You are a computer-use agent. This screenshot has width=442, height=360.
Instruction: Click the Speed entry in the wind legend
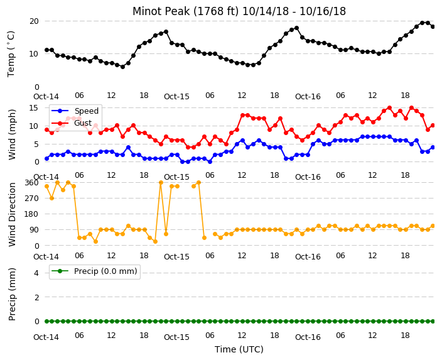pyautogui.click(x=86, y=111)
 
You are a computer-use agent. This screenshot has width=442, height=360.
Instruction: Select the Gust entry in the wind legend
pyautogui.click(x=83, y=123)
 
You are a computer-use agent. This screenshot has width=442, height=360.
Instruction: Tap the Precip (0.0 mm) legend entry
pyautogui.click(x=105, y=271)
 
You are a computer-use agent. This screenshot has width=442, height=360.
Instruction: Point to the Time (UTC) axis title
pyautogui.click(x=239, y=349)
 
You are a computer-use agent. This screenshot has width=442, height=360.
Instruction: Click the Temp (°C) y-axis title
pyautogui.click(x=11, y=54)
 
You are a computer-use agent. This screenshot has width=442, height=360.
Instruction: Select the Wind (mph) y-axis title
pyautogui.click(x=11, y=134)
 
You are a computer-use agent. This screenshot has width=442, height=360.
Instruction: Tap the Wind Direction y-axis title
pyautogui.click(x=12, y=214)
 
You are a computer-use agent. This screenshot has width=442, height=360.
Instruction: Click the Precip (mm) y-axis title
pyautogui.click(x=11, y=294)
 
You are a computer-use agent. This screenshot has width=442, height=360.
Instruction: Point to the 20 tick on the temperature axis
pyautogui.click(x=34, y=21)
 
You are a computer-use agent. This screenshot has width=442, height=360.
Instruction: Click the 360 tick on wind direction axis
pyautogui.click(x=31, y=183)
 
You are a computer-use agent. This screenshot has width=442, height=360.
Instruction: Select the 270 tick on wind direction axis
pyautogui.click(x=31, y=199)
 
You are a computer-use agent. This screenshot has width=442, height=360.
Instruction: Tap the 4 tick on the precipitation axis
pyautogui.click(x=36, y=273)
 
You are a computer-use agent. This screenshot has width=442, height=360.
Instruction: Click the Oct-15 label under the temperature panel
pyautogui.click(x=176, y=97)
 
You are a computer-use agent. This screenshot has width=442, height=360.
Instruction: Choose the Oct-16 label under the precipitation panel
pyautogui.click(x=308, y=337)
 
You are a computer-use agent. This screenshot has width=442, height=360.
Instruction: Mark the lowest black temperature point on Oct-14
pyautogui.click(x=122, y=67)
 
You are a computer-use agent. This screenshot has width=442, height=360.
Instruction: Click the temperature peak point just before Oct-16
pyautogui.click(x=296, y=28)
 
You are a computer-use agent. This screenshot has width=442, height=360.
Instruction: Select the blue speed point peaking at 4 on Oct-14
pyautogui.click(x=128, y=147)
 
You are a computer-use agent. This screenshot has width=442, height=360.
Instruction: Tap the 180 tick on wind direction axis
pyautogui.click(x=31, y=214)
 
